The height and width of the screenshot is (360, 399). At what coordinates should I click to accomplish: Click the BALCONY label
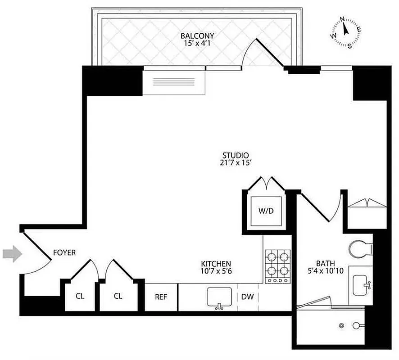[x=197, y=36]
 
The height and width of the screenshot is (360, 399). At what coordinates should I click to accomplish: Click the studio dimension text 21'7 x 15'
[x=232, y=163]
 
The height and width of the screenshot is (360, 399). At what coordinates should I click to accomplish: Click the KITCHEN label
[x=216, y=264]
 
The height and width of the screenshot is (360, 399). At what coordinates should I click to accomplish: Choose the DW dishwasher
[x=247, y=297]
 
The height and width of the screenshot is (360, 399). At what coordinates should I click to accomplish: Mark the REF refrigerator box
[x=161, y=297]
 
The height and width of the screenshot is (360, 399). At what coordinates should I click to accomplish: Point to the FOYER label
[x=64, y=253]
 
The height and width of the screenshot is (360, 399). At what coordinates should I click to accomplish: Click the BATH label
[x=325, y=264]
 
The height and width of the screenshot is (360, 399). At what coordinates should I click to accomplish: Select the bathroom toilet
[x=360, y=248]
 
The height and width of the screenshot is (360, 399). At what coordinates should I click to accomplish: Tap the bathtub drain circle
[x=342, y=325]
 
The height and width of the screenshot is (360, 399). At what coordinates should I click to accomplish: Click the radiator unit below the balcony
[x=174, y=82]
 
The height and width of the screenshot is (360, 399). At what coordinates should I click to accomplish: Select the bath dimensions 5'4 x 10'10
[x=325, y=272]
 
